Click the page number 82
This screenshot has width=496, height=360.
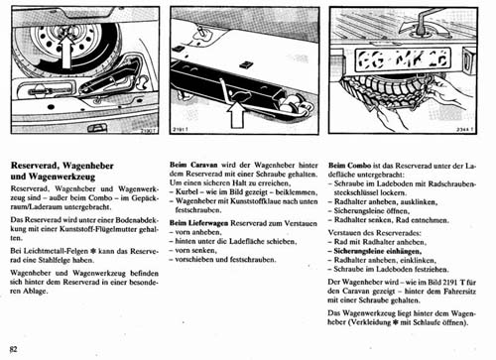13,350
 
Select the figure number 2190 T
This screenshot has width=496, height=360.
149,133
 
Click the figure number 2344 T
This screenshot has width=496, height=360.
469,132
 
